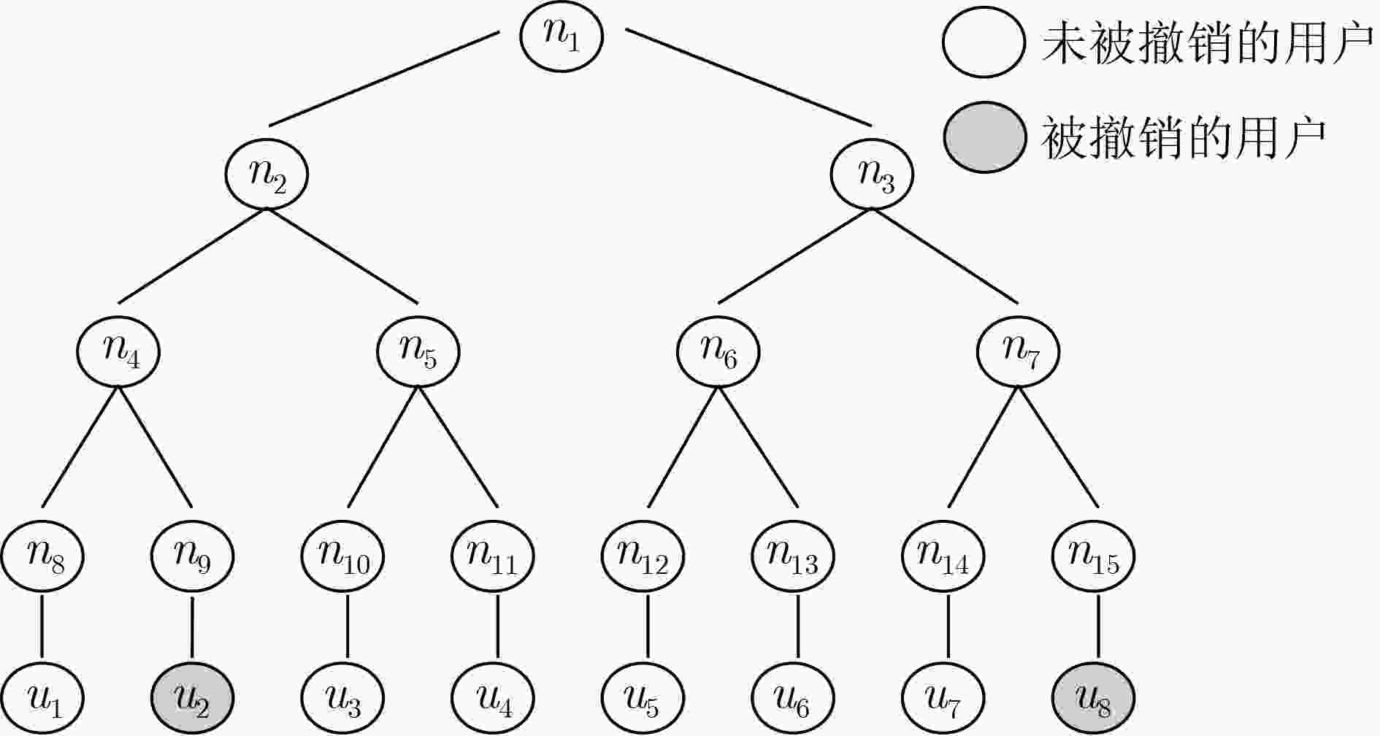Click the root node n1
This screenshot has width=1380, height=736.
click(x=561, y=37)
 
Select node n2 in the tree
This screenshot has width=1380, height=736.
click(x=267, y=175)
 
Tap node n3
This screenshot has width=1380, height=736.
click(x=873, y=175)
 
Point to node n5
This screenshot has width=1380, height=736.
click(x=418, y=351)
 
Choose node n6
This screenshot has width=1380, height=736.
click(x=718, y=351)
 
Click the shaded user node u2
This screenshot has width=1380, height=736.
click(x=192, y=698)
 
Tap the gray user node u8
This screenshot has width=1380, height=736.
click(x=1094, y=698)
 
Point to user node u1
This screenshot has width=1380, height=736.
click(x=42, y=698)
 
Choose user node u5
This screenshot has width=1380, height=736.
click(x=643, y=698)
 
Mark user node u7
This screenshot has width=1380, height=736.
click(x=943, y=698)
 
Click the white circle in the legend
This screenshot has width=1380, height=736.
click(x=984, y=42)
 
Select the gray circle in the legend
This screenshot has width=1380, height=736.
click(x=984, y=137)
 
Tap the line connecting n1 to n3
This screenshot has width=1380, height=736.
click(x=748, y=77)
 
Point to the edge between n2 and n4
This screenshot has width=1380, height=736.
click(x=192, y=256)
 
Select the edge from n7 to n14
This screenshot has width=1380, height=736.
click(x=982, y=448)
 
